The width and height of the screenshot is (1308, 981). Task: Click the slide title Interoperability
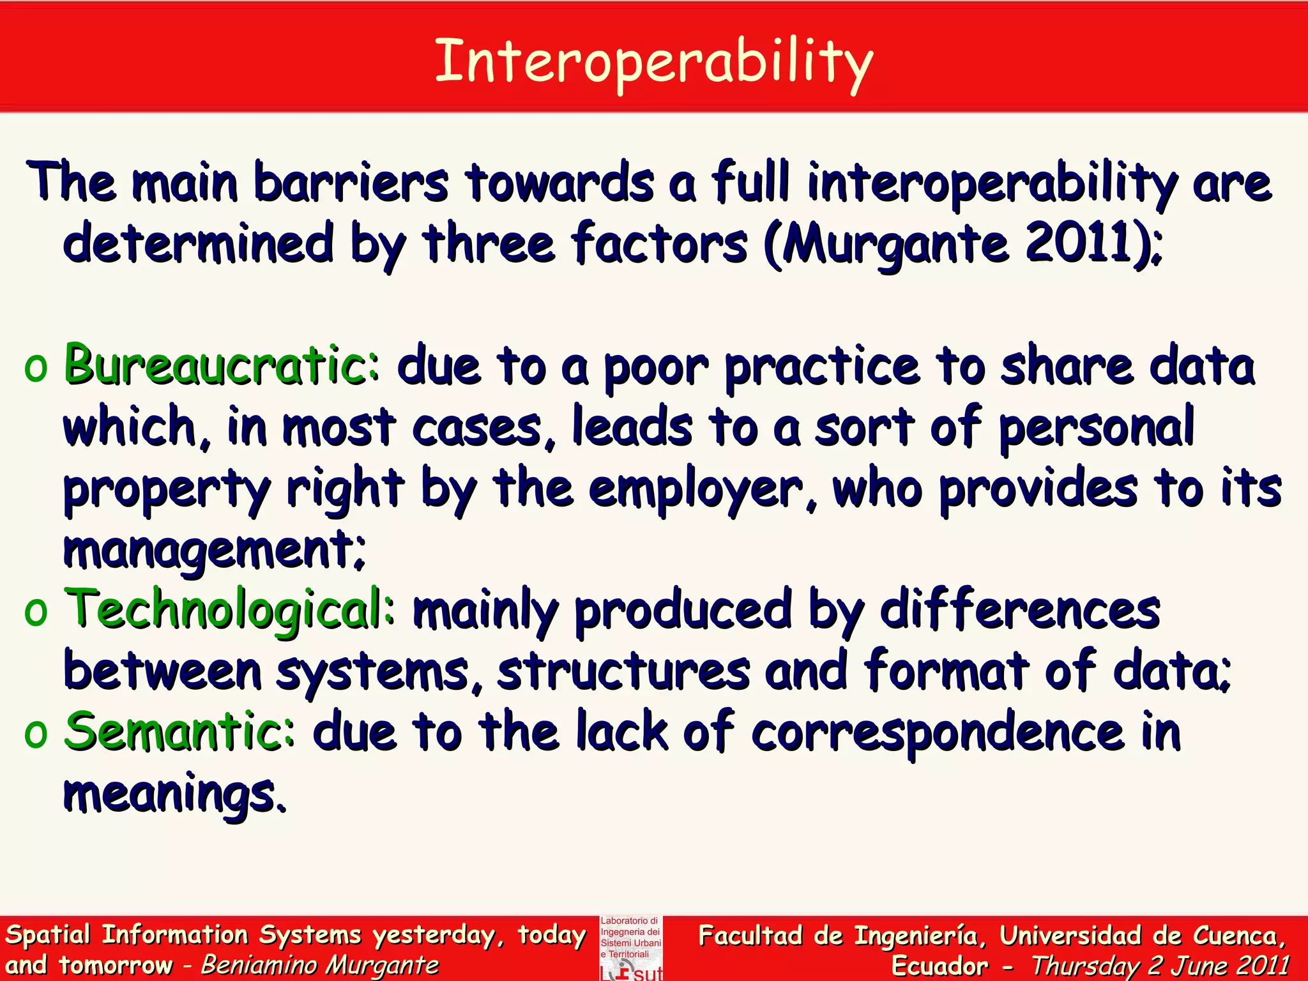(653, 62)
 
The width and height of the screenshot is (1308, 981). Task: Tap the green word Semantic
(179, 731)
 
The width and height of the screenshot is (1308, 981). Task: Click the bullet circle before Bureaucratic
(36, 369)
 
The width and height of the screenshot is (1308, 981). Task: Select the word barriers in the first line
(351, 183)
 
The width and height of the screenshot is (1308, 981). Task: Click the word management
(214, 551)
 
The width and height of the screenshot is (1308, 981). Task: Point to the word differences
(1020, 609)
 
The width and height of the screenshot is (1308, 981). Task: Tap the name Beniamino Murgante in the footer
(319, 965)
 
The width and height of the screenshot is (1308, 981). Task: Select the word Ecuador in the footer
(939, 965)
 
